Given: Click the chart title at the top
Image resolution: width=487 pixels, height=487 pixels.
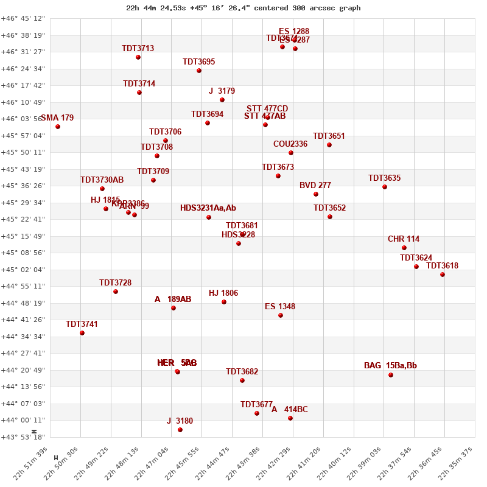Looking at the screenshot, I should pyautogui.click(x=243, y=8).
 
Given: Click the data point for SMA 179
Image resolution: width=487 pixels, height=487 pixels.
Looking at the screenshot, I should pyautogui.click(x=58, y=127).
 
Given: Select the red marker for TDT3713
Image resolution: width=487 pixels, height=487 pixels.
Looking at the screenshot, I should pyautogui.click(x=138, y=57).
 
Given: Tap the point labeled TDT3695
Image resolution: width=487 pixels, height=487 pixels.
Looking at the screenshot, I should pyautogui.click(x=199, y=71).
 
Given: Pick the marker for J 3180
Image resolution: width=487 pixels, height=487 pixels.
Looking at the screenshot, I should pyautogui.click(x=180, y=430).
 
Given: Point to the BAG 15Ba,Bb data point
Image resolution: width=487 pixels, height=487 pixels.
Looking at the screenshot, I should pyautogui.click(x=391, y=375).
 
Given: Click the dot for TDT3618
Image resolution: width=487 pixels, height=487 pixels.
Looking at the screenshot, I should pyautogui.click(x=443, y=275).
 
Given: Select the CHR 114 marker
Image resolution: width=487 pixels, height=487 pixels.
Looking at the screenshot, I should pyautogui.click(x=404, y=248).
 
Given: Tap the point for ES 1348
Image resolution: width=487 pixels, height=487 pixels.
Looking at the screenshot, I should pyautogui.click(x=281, y=315).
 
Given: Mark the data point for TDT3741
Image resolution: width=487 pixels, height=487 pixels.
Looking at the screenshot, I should pyautogui.click(x=82, y=333).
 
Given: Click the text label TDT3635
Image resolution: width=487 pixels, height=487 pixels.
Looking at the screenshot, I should pyautogui.click(x=384, y=178).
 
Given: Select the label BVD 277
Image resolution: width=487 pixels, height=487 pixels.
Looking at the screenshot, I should pyautogui.click(x=315, y=186).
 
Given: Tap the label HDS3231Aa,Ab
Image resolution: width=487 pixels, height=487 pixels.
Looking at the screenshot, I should pyautogui.click(x=208, y=208).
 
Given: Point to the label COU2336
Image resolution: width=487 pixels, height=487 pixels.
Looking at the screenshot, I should pyautogui.click(x=290, y=144).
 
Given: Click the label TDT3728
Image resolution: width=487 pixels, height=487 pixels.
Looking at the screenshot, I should pyautogui.click(x=115, y=283).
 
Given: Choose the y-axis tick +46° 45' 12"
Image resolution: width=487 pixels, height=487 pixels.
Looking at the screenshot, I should pyautogui.click(x=23, y=18).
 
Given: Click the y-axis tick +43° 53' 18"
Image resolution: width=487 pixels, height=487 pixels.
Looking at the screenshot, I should pyautogui.click(x=23, y=437).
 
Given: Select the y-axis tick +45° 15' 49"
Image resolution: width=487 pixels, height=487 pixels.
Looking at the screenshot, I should pyautogui.click(x=23, y=236).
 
